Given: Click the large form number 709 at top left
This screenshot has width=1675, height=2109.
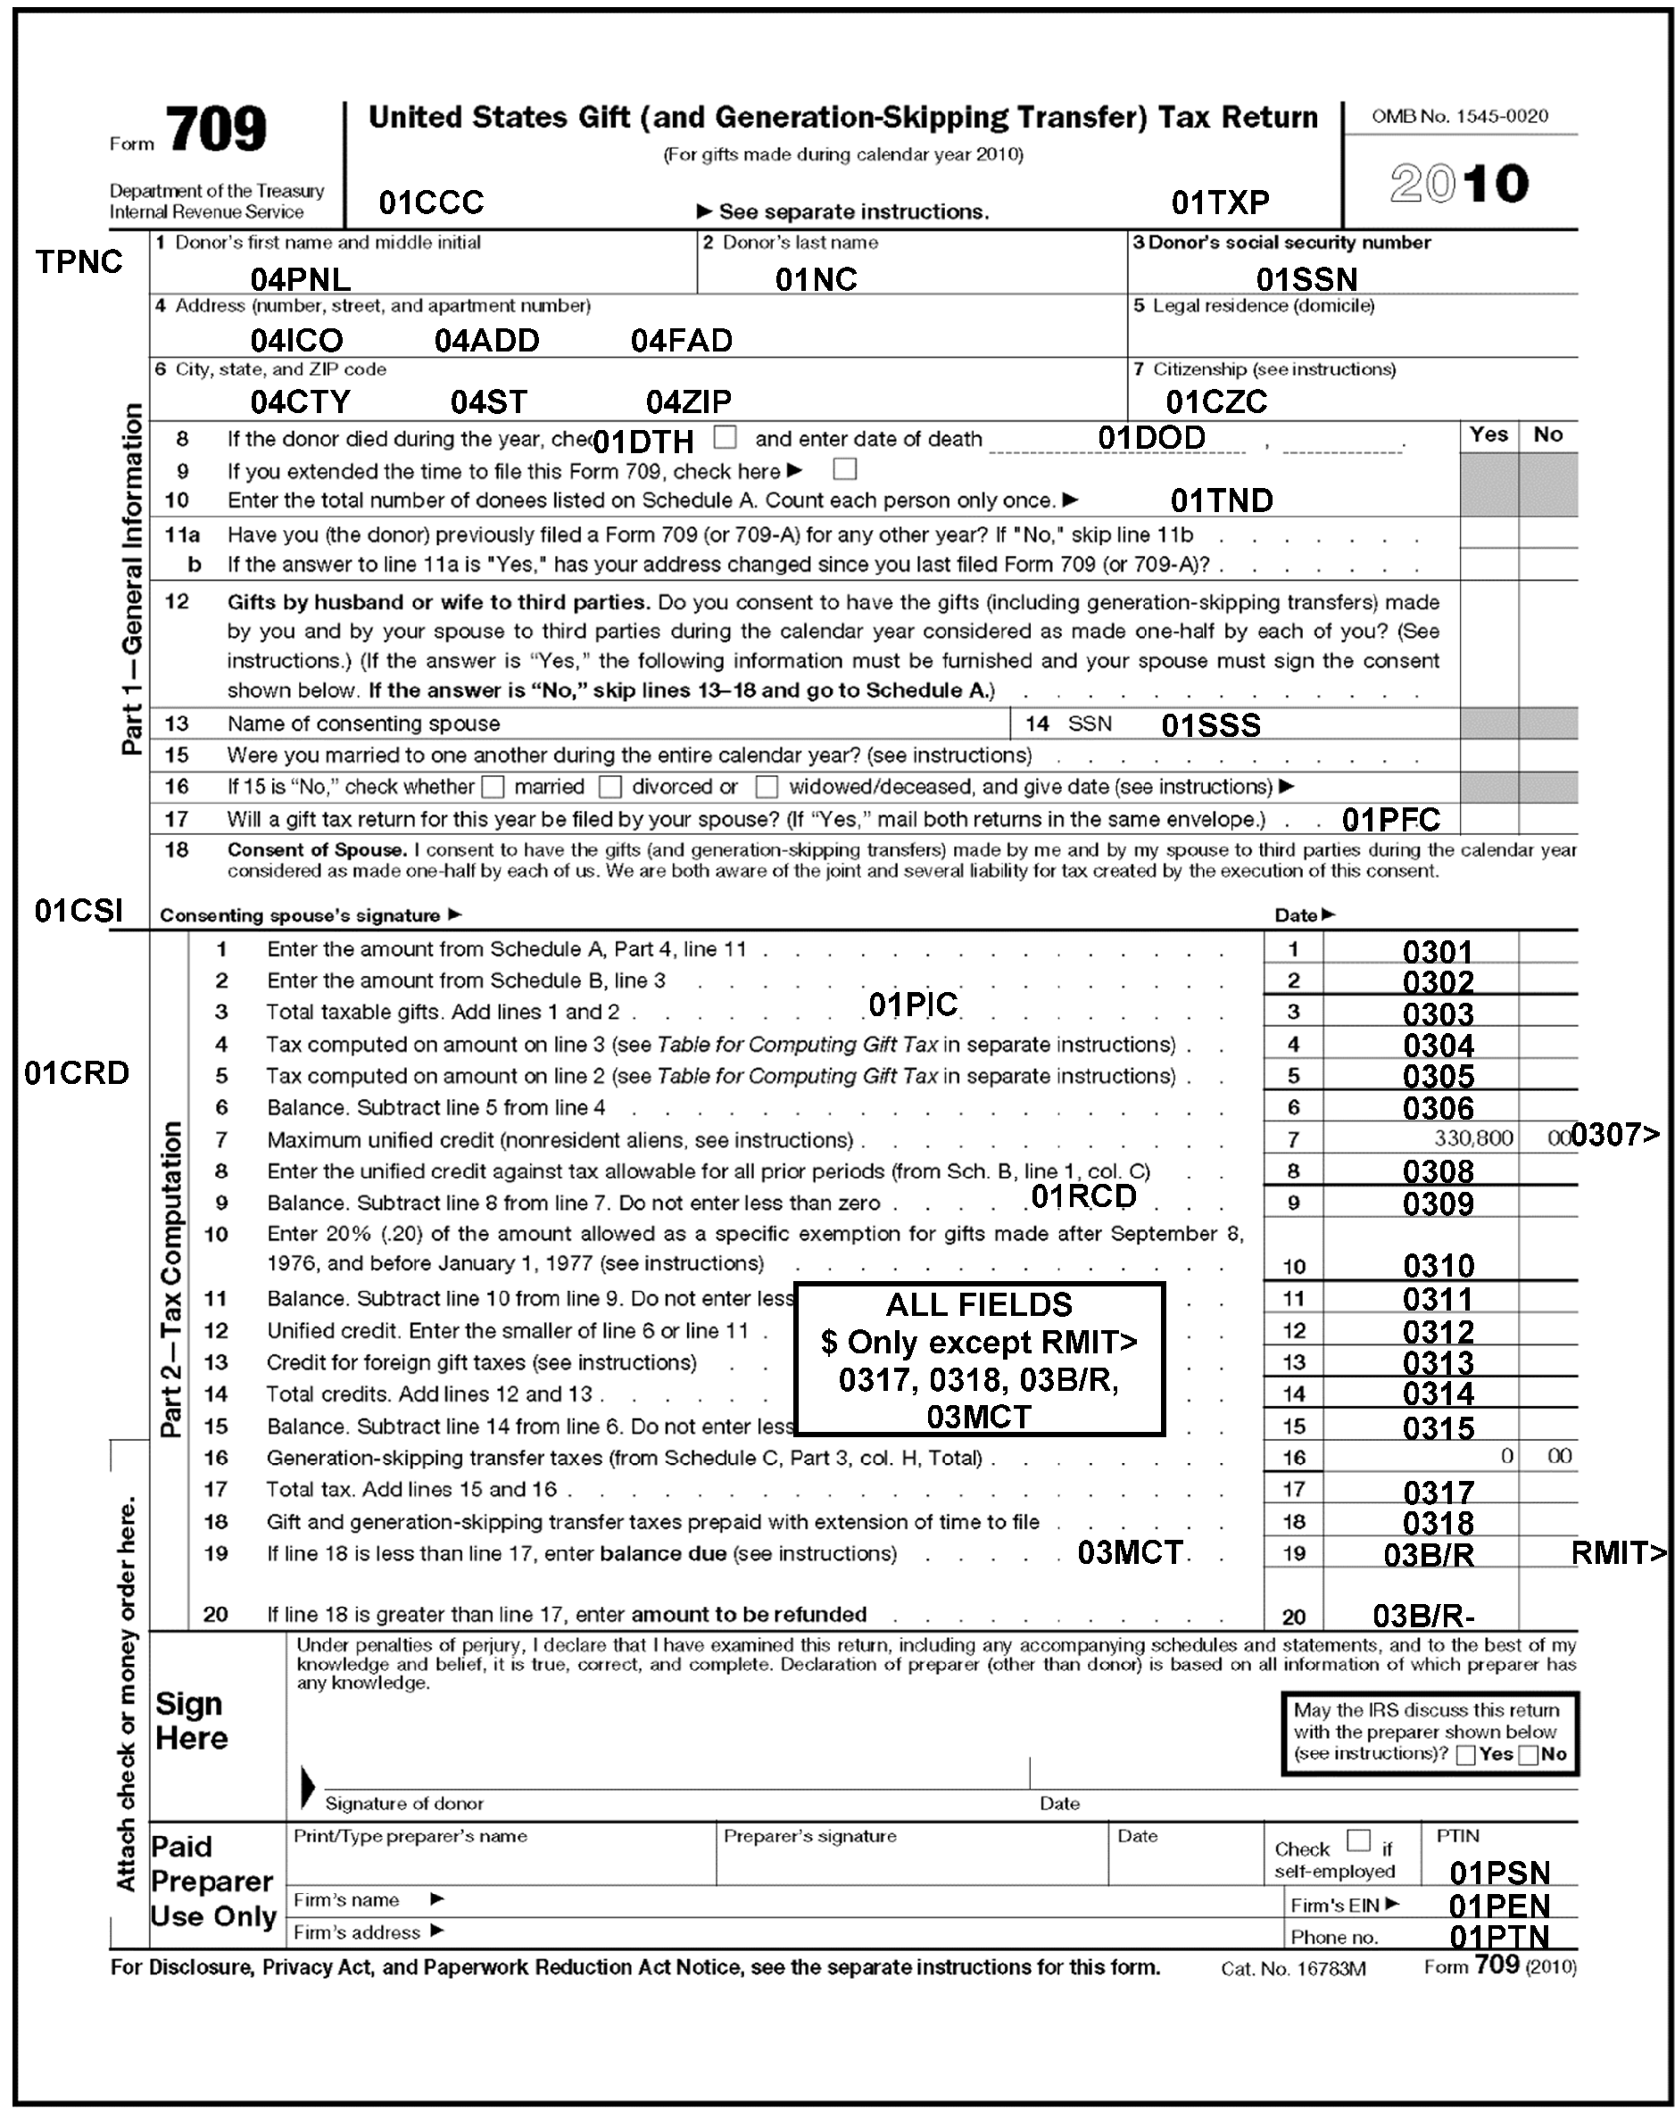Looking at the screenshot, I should [216, 130].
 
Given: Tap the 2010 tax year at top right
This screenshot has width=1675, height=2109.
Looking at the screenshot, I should [1459, 184].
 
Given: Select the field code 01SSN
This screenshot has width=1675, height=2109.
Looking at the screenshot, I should [1306, 280].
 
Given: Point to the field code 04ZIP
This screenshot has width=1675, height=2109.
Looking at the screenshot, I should [688, 402].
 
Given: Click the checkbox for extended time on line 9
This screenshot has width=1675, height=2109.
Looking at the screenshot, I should [844, 469].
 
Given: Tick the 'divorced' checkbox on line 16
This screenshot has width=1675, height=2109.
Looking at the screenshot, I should [609, 787].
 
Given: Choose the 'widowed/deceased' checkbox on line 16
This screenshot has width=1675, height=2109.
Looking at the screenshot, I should [767, 787].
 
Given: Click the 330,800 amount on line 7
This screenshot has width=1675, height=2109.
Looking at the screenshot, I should [1473, 1137].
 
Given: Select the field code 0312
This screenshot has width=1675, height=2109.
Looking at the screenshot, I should [1438, 1331].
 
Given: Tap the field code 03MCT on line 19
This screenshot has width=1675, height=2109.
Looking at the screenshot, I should [1130, 1552].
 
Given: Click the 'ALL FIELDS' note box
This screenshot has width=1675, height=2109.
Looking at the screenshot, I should [978, 1359].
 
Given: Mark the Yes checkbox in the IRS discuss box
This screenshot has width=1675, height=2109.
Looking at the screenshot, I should [1465, 1755].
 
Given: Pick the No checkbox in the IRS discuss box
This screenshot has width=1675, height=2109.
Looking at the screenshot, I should [1530, 1755].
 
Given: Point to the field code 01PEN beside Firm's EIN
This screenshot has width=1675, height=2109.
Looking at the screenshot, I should [1499, 1906].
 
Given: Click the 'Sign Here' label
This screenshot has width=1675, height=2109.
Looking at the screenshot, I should [192, 1721].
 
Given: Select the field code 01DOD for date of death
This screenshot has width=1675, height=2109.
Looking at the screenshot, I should [1150, 438].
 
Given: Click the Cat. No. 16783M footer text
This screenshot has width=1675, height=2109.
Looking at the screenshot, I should [1292, 1968].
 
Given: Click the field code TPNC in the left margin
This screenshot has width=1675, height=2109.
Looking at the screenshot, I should [79, 262].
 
